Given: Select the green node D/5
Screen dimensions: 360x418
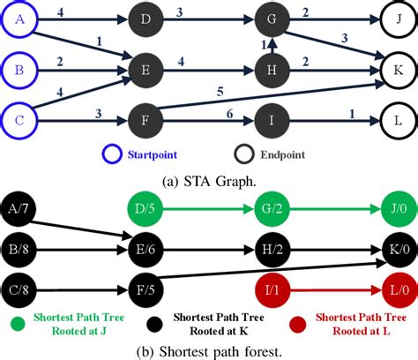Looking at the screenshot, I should click(146, 210).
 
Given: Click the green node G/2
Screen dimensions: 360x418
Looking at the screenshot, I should click(272, 210).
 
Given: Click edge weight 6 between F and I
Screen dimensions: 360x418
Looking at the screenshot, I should click(205, 108).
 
